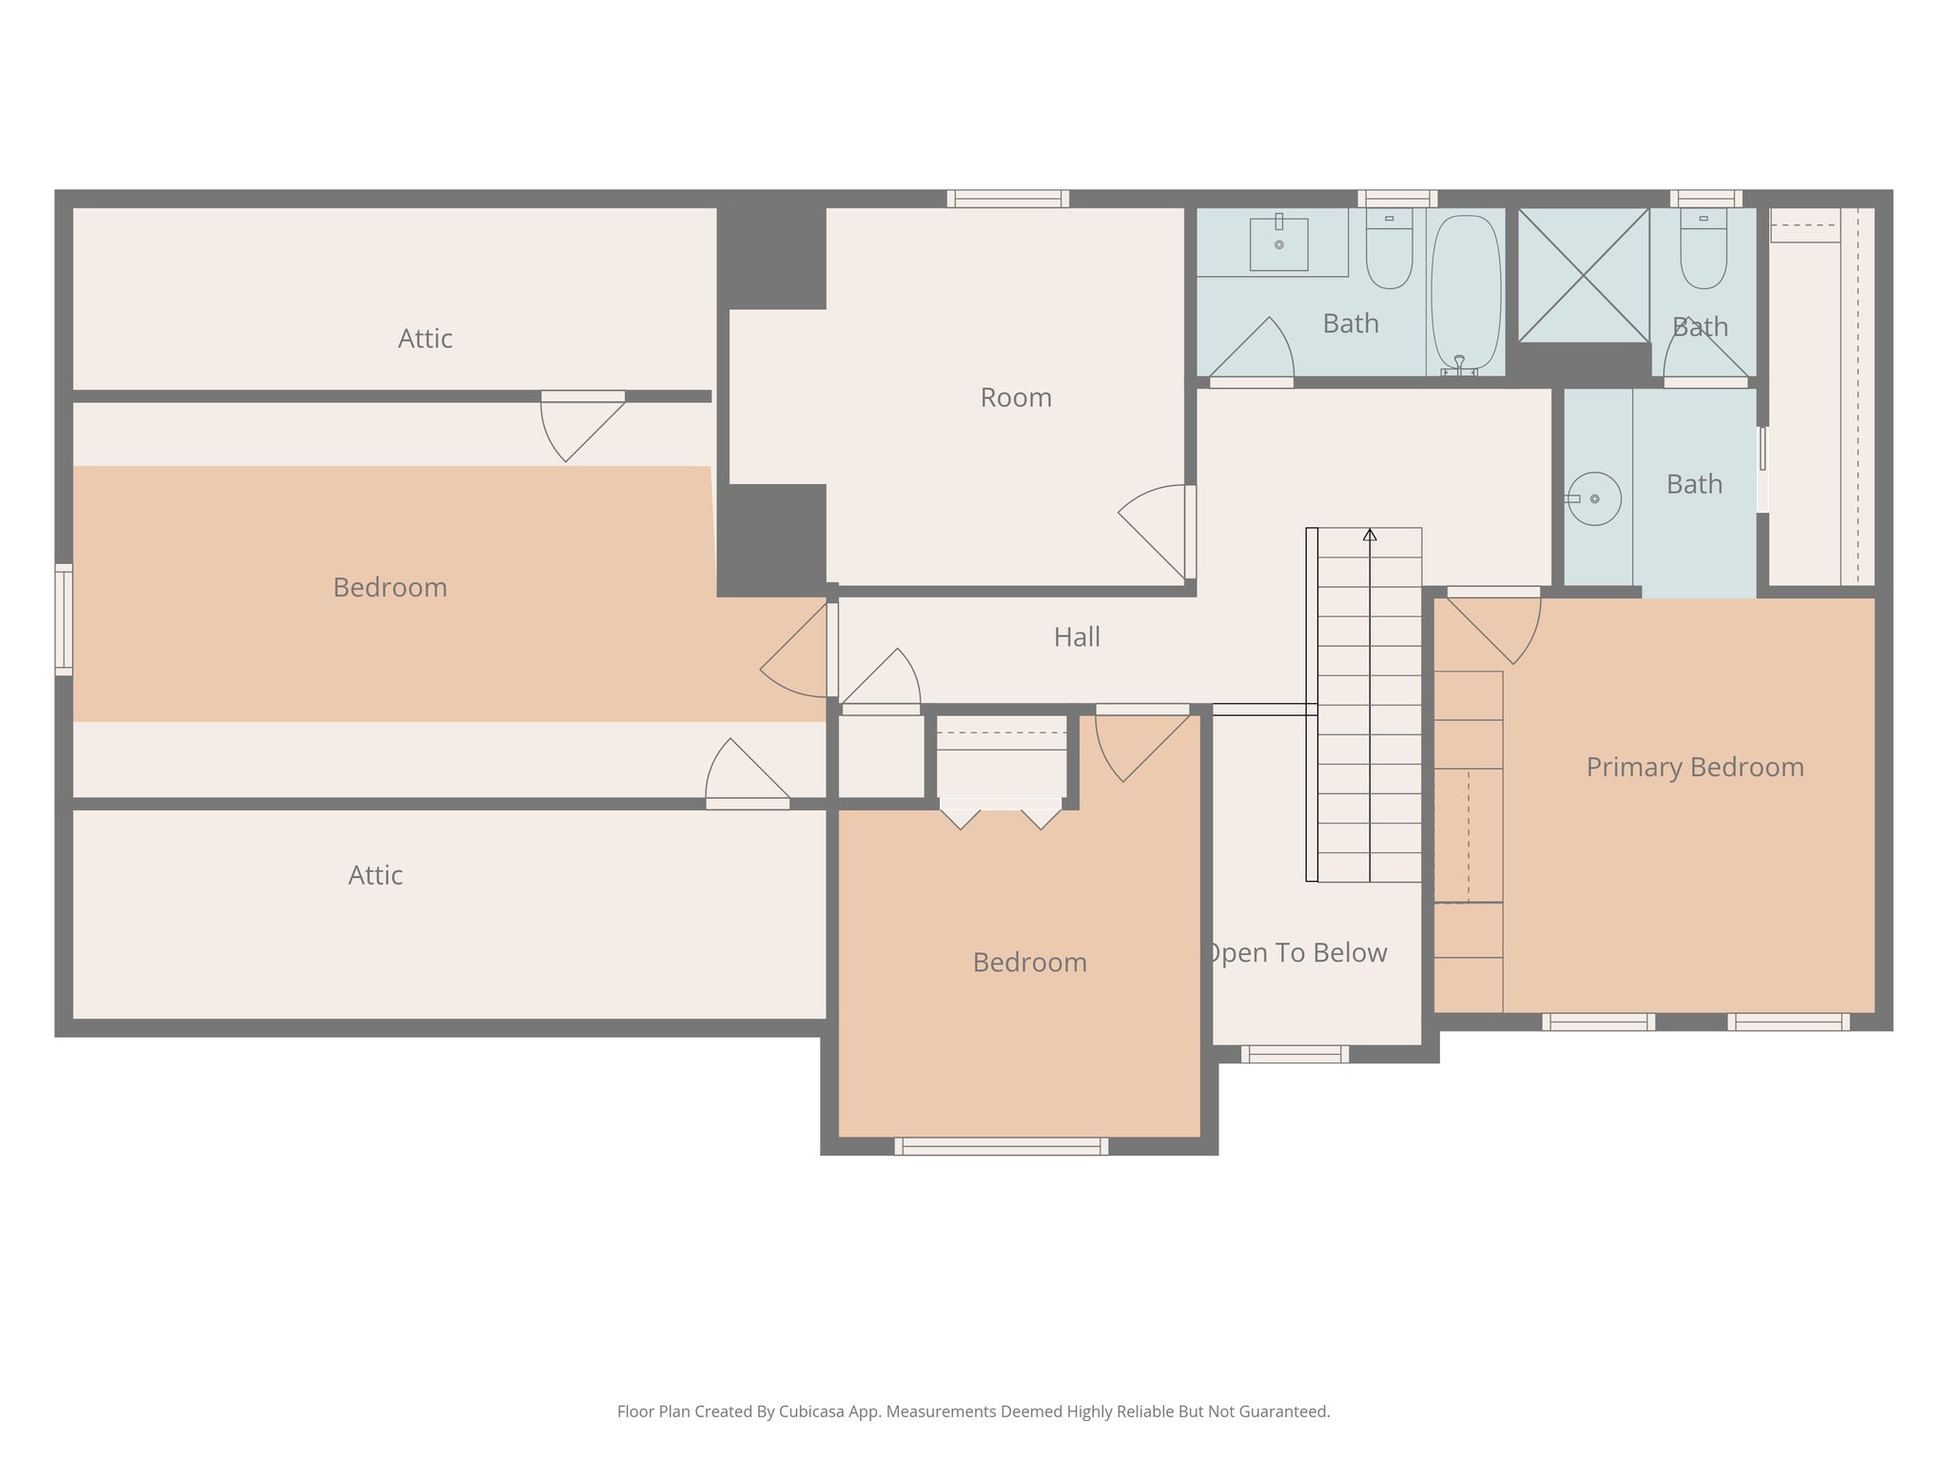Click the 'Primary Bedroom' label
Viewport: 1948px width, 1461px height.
[x=1694, y=767]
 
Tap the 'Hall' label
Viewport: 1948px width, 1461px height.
[x=1077, y=636]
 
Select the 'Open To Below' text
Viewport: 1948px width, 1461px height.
[x=1296, y=952]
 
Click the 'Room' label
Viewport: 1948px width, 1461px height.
[x=1016, y=398]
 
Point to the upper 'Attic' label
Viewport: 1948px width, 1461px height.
[x=424, y=339]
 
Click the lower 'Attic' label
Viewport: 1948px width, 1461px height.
[x=375, y=875]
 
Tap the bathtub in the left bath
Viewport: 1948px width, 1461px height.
[x=1465, y=291]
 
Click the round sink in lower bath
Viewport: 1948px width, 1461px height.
[x=1593, y=498]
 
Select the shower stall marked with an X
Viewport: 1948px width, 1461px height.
[x=1583, y=275]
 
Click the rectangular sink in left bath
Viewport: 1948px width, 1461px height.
[x=1278, y=244]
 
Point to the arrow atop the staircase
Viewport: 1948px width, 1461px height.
[x=1370, y=535]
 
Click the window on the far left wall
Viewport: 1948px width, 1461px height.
[x=64, y=619]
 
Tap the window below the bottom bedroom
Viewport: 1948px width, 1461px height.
[x=1001, y=1146]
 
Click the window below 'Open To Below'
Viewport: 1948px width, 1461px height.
[x=1295, y=1054]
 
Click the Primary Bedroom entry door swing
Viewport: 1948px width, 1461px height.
[x=1495, y=627]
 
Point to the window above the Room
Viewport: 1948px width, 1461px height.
[x=1007, y=199]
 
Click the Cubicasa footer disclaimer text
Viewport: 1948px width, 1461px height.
[x=973, y=1412]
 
